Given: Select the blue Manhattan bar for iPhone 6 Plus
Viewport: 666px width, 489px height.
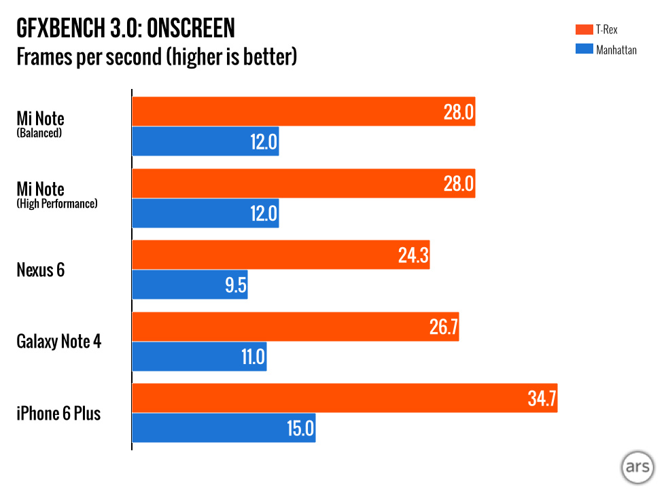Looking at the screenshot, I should (x=224, y=428).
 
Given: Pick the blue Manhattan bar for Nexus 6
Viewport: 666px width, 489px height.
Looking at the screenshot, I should (x=190, y=285).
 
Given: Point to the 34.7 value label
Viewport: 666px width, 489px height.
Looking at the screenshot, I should (x=542, y=399).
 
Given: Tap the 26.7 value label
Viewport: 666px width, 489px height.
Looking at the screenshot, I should (x=443, y=327).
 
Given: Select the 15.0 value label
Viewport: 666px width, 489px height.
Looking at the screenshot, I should (x=300, y=429).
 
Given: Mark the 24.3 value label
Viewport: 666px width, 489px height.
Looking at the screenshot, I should (x=413, y=255).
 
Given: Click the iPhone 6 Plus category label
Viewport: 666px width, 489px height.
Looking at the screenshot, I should (x=58, y=413).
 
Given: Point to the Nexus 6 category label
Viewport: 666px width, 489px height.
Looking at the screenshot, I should (x=40, y=270).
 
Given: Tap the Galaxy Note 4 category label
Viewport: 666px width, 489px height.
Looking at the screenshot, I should (x=59, y=341).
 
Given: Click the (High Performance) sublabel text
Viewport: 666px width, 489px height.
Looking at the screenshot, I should (x=57, y=203).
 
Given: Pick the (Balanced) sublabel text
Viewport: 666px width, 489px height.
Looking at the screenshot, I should (x=39, y=133).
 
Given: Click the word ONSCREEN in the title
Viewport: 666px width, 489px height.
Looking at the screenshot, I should (x=191, y=29).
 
